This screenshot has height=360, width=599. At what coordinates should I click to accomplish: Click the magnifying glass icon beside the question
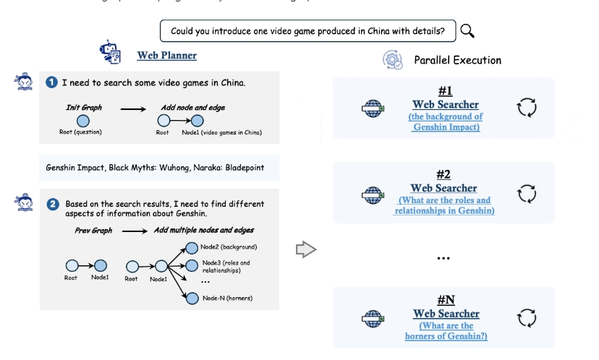[x=467, y=30]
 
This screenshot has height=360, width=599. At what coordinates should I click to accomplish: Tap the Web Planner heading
[x=166, y=55]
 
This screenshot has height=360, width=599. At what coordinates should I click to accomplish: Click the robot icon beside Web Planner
[x=110, y=52]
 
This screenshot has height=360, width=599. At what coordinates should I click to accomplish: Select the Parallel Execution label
[x=457, y=60]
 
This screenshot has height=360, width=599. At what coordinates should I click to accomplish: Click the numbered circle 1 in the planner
[x=52, y=82]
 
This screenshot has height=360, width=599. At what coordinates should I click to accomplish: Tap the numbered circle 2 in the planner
[x=52, y=205]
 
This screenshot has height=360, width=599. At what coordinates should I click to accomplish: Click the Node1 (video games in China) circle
[x=197, y=121]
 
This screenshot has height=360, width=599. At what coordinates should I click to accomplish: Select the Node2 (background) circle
[x=192, y=247]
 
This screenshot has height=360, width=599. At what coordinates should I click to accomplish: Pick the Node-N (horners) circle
[x=192, y=297]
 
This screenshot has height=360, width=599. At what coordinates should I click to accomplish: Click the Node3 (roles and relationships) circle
[x=192, y=264]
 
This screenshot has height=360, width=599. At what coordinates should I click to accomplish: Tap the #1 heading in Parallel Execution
[x=445, y=91]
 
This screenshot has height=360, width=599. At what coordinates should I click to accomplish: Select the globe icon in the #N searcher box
[x=373, y=318]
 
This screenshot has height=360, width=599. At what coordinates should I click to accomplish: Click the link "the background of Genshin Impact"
[x=446, y=121]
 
